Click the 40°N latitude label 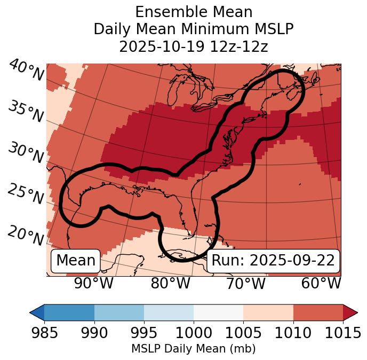(x=26, y=71)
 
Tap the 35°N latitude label (x=26, y=112)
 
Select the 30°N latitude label (x=26, y=153)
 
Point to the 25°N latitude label (x=26, y=194)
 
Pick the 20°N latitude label (x=26, y=235)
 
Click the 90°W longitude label (x=93, y=284)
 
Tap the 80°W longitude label (x=170, y=284)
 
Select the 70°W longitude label (x=245, y=284)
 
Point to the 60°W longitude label (x=321, y=284)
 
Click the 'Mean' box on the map (x=76, y=261)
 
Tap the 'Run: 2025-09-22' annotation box (x=273, y=261)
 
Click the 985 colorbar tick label (x=44, y=333)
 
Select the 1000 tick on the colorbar (x=194, y=333)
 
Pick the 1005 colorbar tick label (x=243, y=333)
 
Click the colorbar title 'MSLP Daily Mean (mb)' (x=194, y=349)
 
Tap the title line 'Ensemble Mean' (x=194, y=12)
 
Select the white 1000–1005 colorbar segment (x=218, y=312)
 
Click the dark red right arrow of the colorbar (x=350, y=312)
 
